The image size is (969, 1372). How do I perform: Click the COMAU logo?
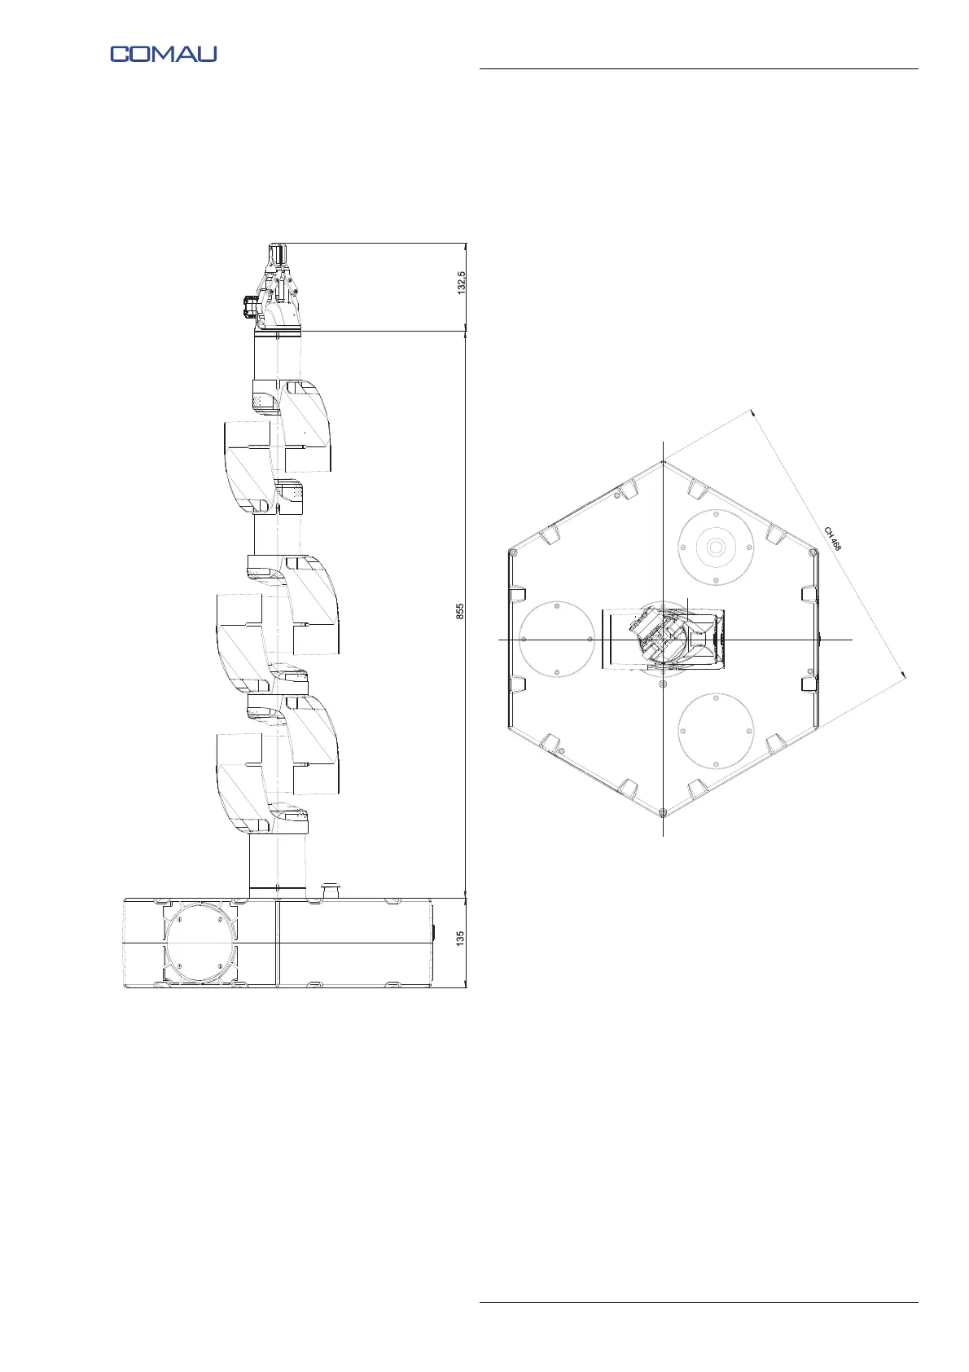164,54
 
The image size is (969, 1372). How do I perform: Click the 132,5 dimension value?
462,283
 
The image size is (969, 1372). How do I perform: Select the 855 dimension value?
460,611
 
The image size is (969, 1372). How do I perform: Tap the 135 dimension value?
460,939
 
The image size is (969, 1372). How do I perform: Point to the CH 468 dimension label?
832,539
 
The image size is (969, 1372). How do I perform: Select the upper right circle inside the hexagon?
716,547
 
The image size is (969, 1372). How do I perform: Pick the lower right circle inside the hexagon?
716,731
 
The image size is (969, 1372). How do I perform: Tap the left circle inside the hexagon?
557,639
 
